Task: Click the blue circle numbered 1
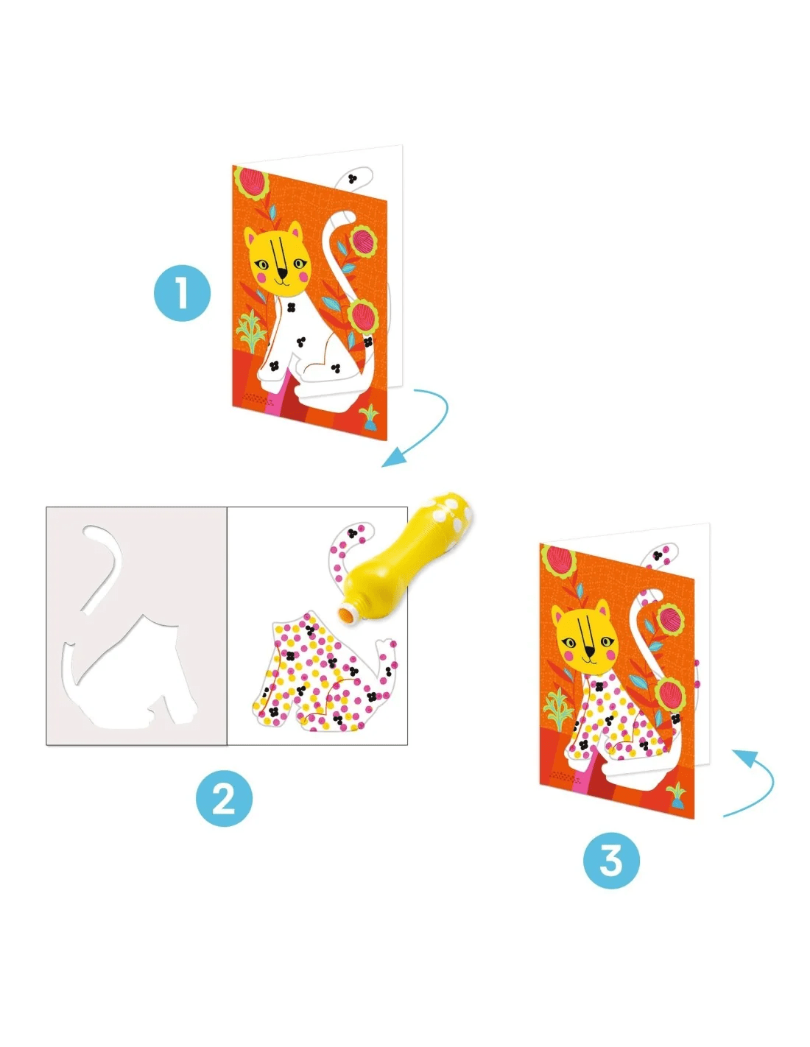182,292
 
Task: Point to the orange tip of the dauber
345,616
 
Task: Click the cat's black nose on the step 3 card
590,652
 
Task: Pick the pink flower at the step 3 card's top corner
561,562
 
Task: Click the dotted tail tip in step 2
354,535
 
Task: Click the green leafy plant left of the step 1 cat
250,331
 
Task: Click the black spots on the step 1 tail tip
353,179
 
